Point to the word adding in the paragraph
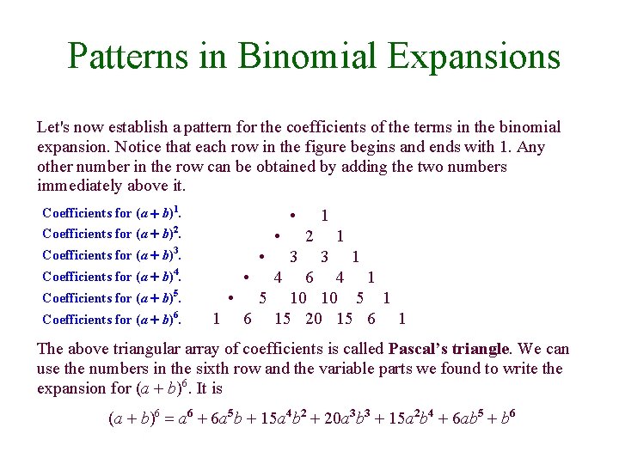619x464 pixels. point(386,167)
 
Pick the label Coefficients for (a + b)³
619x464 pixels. point(112,254)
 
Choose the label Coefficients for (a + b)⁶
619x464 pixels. point(112,319)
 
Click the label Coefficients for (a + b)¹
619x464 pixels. point(112,211)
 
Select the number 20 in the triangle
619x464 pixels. point(314,319)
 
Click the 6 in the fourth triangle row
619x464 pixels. point(309,277)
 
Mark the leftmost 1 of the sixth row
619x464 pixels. point(216,319)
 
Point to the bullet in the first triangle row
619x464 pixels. point(293,214)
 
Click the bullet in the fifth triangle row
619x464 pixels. point(231,297)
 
